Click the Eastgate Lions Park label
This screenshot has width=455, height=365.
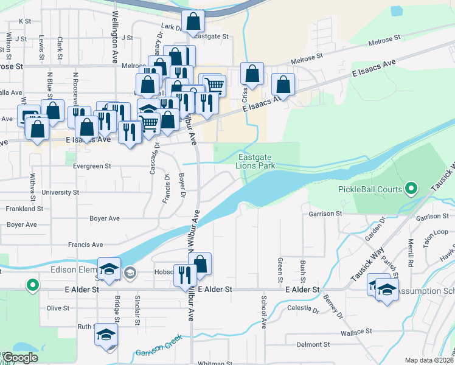[x=255, y=161]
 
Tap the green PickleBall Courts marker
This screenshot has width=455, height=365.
[x=411, y=189]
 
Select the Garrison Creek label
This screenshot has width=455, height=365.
[x=159, y=352]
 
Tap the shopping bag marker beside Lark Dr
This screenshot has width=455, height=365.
[x=193, y=23]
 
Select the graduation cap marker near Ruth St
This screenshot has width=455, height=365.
[x=106, y=335]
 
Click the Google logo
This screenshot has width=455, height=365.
[x=21, y=358]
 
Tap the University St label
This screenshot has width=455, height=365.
[x=60, y=192]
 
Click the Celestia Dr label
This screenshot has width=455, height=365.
[x=303, y=310]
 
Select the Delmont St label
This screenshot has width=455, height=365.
[x=313, y=344]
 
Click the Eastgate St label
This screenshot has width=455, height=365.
[x=212, y=36]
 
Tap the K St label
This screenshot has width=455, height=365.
[x=25, y=21]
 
